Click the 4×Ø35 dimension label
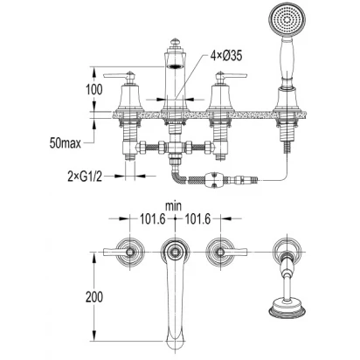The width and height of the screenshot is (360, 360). point(226,55)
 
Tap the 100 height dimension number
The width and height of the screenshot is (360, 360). point(94,89)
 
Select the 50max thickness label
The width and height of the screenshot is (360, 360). point(65,143)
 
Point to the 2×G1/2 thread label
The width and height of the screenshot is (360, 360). point(85,176)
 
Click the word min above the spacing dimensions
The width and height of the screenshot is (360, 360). point(173,206)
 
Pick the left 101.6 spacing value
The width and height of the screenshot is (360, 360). point(153,219)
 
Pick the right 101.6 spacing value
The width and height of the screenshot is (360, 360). point(197,219)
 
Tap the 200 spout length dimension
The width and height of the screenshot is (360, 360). point(94,297)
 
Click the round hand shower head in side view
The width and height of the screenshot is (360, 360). point(287,20)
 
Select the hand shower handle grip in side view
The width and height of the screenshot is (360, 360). point(287,59)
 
